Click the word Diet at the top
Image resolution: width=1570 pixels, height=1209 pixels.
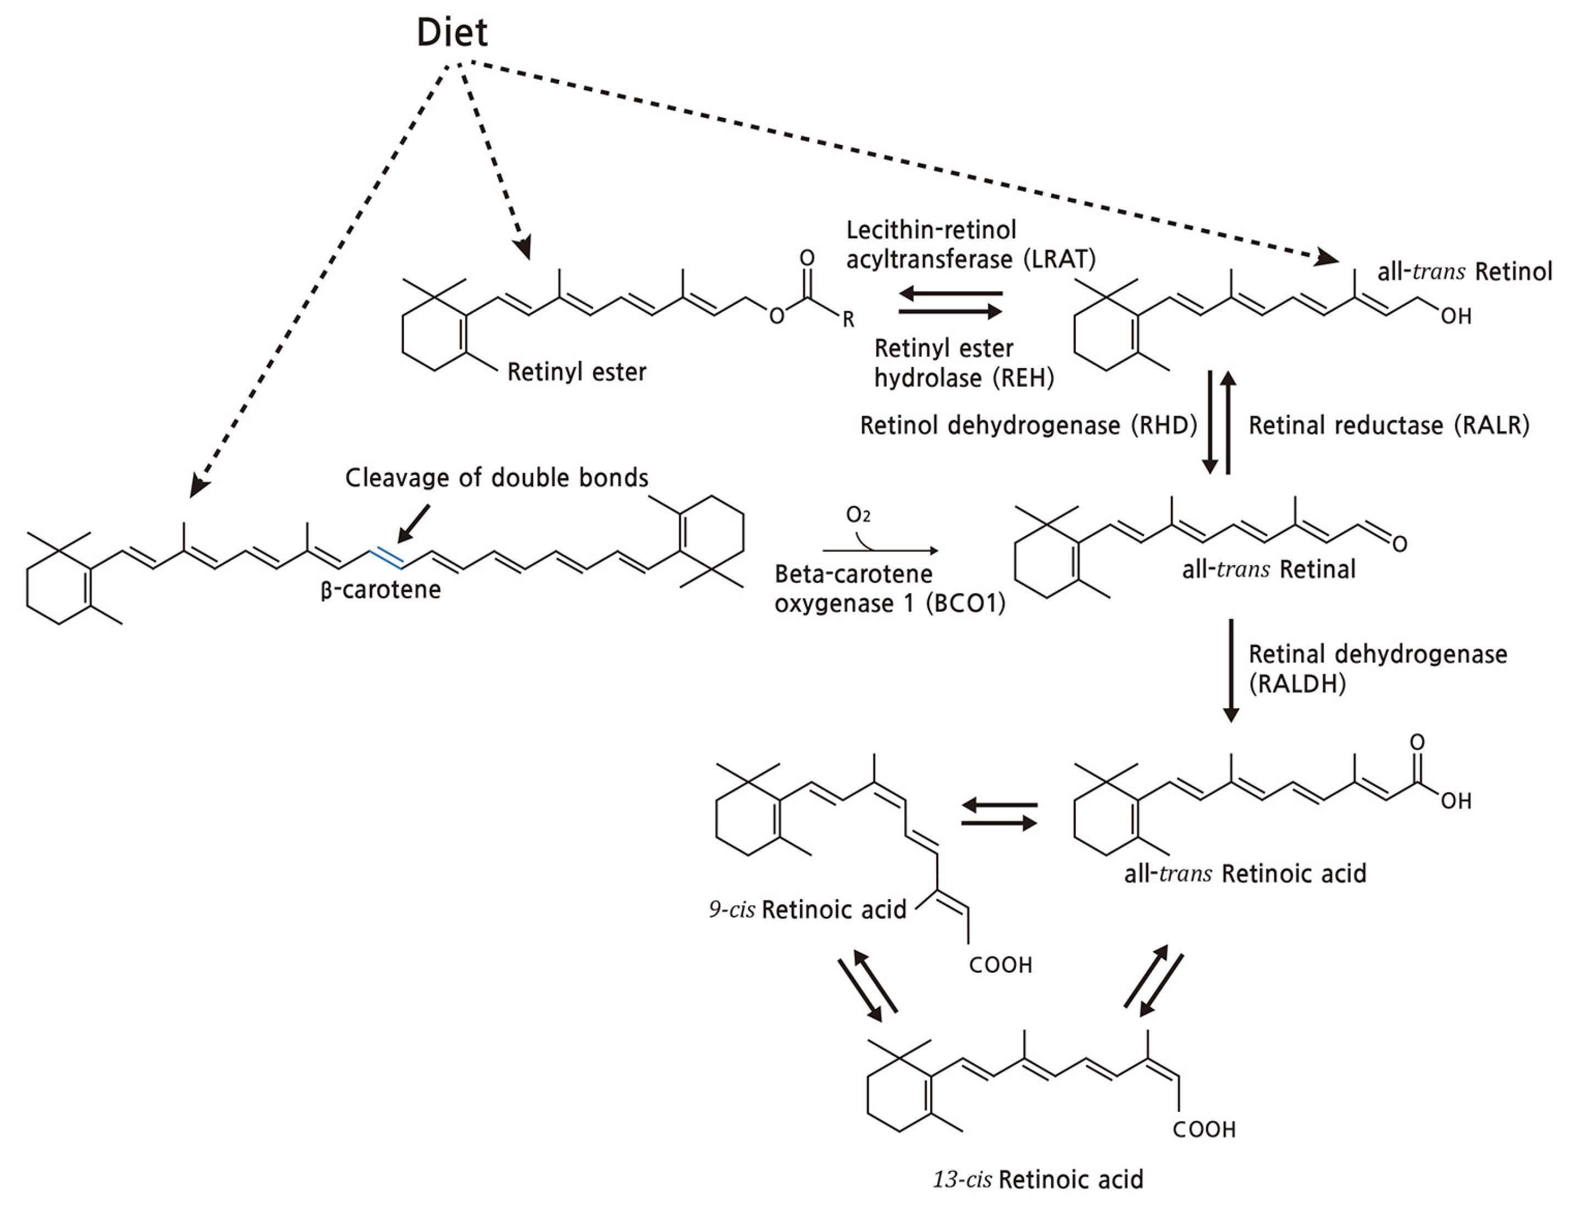(452, 33)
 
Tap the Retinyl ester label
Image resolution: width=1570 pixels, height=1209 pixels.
(577, 372)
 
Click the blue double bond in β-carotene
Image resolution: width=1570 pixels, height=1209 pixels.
(385, 558)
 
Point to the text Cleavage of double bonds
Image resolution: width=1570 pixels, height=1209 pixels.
(497, 478)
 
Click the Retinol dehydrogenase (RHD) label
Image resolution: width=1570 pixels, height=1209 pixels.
(1029, 425)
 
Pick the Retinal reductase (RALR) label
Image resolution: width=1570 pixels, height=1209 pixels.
(1389, 425)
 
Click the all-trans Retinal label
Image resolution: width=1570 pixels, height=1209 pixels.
(1269, 570)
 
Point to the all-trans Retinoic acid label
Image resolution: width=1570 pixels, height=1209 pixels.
(1245, 873)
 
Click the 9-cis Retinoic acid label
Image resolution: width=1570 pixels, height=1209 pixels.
(808, 910)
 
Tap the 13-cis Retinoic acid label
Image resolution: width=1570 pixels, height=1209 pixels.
(1038, 1179)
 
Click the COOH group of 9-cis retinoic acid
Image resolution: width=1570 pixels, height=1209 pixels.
(1000, 965)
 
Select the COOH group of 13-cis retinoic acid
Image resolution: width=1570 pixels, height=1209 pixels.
(1203, 1130)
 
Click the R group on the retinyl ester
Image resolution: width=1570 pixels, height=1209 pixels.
(848, 320)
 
